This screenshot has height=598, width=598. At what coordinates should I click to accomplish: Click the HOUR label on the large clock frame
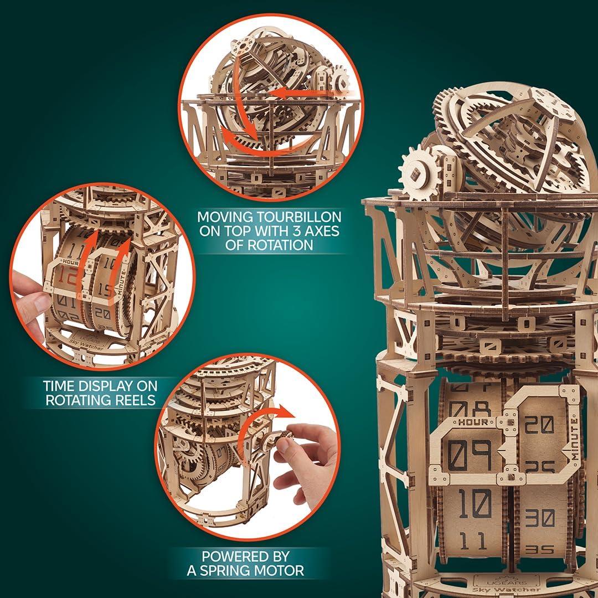coord(472,422)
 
